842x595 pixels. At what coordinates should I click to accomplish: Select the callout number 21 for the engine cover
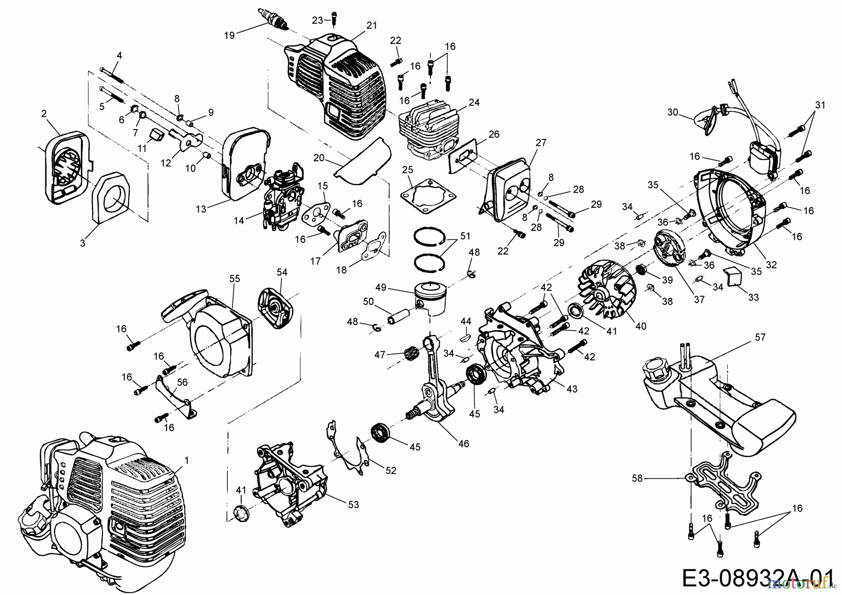point(371,26)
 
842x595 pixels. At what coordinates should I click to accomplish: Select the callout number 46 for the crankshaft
point(463,444)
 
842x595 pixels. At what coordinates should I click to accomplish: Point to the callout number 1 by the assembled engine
point(187,461)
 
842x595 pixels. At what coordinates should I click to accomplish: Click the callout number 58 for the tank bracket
point(638,479)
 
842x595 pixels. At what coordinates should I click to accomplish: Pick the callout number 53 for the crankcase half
point(353,505)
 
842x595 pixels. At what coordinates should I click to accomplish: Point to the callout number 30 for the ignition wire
point(672,112)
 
